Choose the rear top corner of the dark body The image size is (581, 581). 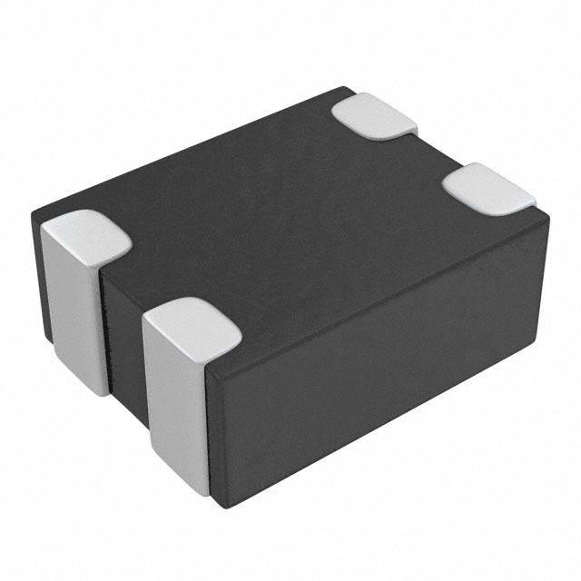point(350,88)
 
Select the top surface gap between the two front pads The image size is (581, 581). point(136,272)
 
